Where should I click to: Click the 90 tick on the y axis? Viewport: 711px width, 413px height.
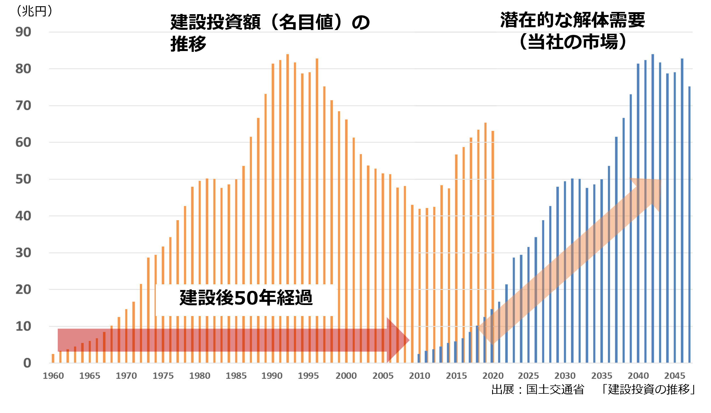pos(23,32)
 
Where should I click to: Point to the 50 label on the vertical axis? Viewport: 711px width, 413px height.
pos(23,179)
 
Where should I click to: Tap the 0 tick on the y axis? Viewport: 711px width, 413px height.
pos(27,363)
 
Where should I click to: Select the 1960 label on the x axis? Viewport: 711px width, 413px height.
pos(53,376)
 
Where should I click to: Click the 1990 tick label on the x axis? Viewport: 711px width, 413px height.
pos(272,376)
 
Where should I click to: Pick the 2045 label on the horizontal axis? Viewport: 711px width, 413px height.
pos(675,376)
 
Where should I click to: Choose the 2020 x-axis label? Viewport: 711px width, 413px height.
pos(493,376)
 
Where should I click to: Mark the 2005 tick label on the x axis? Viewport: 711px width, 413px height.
pos(383,376)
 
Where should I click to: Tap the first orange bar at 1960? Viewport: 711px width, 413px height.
pos(53,358)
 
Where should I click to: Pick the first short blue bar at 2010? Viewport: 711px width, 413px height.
pos(419,359)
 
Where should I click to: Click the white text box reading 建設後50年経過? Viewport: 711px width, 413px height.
pos(246,300)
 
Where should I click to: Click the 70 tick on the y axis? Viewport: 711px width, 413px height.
pos(23,106)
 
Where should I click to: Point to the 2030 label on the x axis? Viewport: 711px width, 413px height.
pos(565,376)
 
